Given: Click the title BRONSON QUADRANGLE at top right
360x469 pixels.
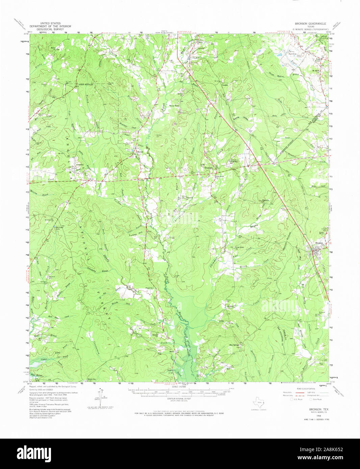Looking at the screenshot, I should pyautogui.click(x=310, y=24).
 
